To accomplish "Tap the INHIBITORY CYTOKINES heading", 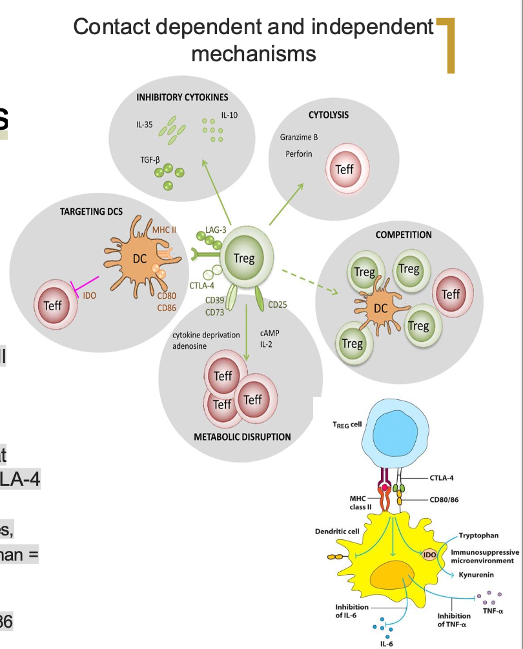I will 182,97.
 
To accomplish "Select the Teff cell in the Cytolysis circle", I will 344,170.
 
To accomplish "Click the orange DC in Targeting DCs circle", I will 139,259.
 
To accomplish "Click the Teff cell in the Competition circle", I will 450,294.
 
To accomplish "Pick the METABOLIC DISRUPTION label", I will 242,437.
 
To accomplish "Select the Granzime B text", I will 298,137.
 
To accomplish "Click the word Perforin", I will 298,154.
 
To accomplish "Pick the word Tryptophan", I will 478,535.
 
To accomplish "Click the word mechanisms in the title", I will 254,53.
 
